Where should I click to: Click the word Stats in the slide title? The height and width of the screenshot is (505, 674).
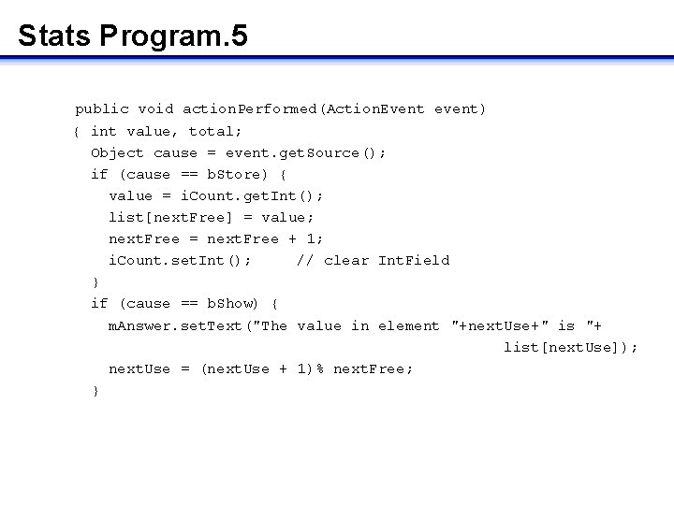(53, 36)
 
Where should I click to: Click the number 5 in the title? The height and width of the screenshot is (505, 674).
(239, 36)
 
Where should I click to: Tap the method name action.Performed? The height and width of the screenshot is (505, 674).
(250, 109)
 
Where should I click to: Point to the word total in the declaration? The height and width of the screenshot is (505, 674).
(211, 131)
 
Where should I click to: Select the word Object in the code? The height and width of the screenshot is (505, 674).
(117, 152)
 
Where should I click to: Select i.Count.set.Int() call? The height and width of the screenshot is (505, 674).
(179, 260)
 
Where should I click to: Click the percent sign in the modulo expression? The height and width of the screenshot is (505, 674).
(319, 368)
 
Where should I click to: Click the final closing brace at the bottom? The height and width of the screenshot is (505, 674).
(95, 391)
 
